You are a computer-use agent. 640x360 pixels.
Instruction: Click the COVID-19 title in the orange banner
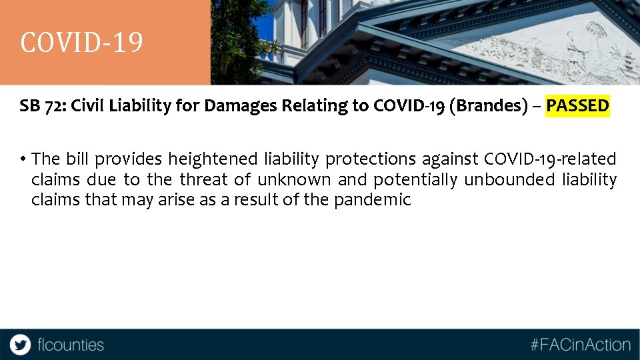point(81,43)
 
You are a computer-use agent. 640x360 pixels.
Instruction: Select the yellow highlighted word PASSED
point(577,105)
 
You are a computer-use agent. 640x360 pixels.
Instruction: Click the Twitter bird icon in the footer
point(20,345)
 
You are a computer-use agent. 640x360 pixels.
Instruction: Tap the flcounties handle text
point(71,345)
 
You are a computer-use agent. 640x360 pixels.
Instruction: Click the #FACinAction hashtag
point(580,345)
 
